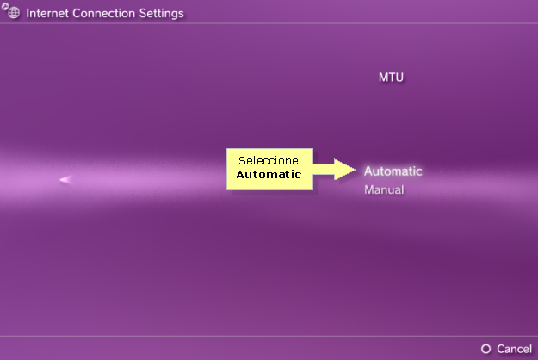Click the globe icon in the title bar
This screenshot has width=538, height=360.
coord(14,13)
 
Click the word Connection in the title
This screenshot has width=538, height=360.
coord(103,13)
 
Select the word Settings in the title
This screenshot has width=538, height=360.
coord(161,14)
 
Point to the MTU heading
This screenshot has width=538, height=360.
coord(391,78)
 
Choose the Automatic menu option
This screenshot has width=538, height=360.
coord(393,171)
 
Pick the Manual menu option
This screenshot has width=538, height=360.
coord(384,189)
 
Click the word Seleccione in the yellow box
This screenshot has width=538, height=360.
coord(269,160)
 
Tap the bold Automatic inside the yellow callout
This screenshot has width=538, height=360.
coord(269,174)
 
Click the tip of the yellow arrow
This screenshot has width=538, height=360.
coord(356,169)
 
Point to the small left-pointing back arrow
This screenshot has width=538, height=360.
coord(65,179)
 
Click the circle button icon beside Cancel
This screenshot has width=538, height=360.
coord(485,349)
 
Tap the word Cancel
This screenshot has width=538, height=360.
coord(514,349)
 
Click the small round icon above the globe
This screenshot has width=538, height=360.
coord(5,5)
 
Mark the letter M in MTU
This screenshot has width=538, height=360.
coord(383,78)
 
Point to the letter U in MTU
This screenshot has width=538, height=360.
coord(399,78)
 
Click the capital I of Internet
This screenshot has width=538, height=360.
coord(28,13)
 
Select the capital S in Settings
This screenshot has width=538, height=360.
coord(143,13)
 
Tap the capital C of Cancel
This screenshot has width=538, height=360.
coord(501,349)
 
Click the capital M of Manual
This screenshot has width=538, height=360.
coord(369,189)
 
